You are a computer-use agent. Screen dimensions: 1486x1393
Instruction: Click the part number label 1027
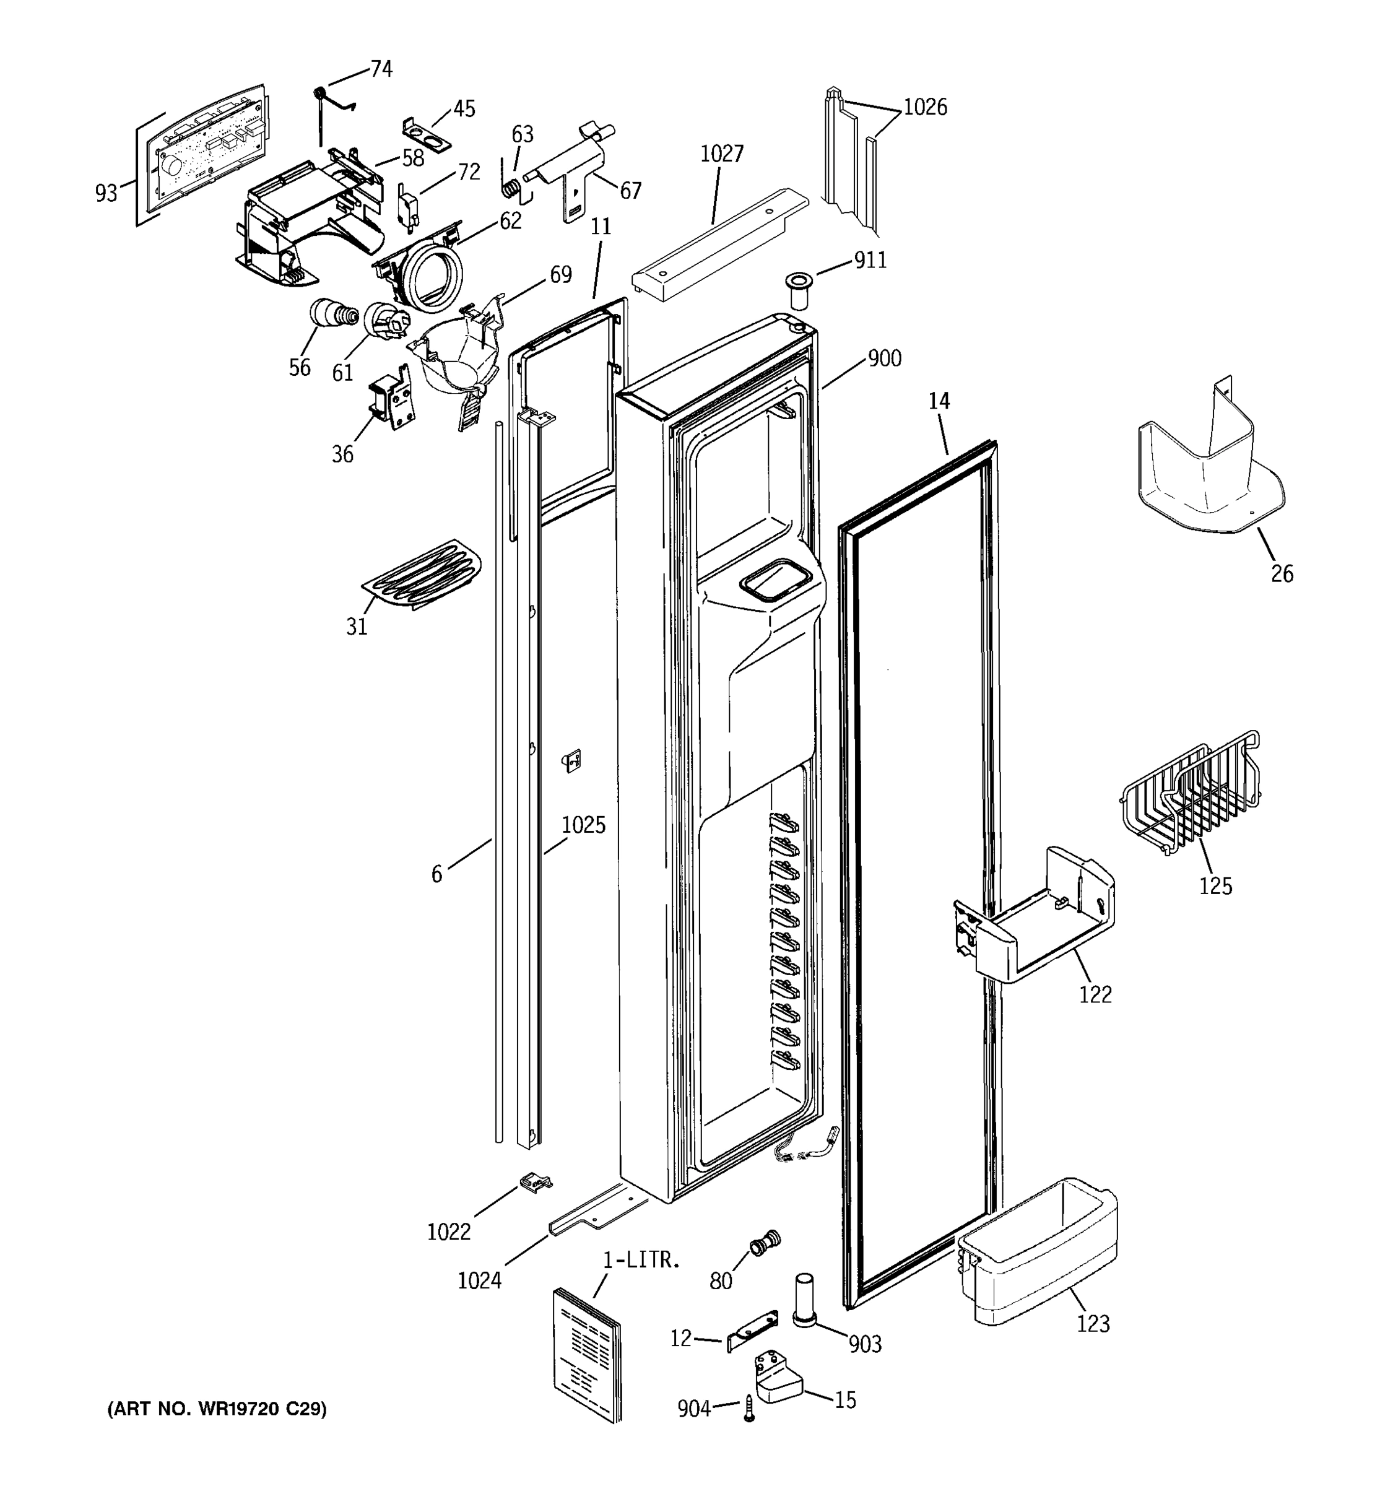coord(721,154)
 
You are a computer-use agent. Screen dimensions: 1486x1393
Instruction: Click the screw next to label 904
coord(749,1408)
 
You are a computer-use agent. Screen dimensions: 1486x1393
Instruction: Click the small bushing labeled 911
coord(798,290)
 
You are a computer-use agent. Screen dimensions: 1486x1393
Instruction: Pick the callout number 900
coord(884,358)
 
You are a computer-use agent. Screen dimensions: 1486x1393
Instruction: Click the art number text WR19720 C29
coord(217,1409)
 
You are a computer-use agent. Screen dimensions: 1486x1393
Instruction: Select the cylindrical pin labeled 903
coord(804,1299)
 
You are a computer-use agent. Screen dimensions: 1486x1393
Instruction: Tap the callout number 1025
coord(583,825)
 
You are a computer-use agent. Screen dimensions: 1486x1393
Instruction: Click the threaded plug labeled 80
coord(764,1243)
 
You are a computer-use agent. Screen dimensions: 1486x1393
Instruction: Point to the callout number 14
coord(939,401)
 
